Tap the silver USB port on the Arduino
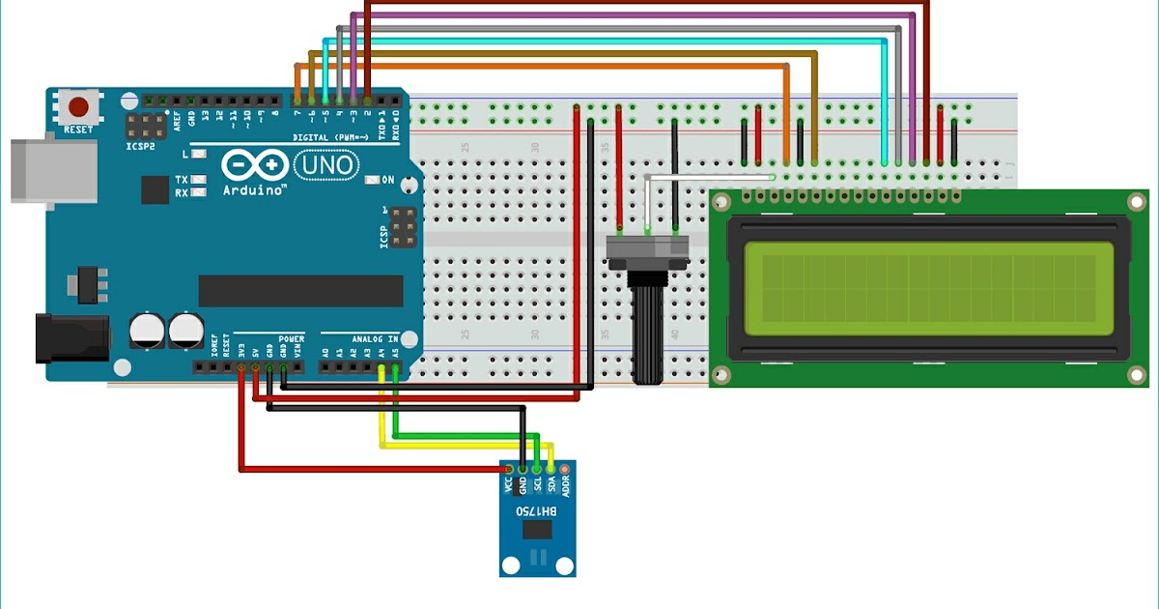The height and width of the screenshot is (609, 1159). (53, 172)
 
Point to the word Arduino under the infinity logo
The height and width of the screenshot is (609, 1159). (254, 190)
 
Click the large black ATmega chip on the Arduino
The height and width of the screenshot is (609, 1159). (300, 290)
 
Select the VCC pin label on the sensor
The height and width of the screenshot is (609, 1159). (507, 484)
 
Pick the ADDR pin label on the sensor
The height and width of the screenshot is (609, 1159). (566, 486)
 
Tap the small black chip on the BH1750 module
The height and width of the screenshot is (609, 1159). (536, 530)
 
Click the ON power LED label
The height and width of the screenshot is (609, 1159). (388, 180)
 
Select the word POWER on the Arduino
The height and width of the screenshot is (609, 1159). (291, 339)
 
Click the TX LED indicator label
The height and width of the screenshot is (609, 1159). (182, 180)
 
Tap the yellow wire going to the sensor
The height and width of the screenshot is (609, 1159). (464, 446)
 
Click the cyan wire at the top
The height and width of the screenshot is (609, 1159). (608, 41)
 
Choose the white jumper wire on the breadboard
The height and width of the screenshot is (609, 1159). (710, 177)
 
